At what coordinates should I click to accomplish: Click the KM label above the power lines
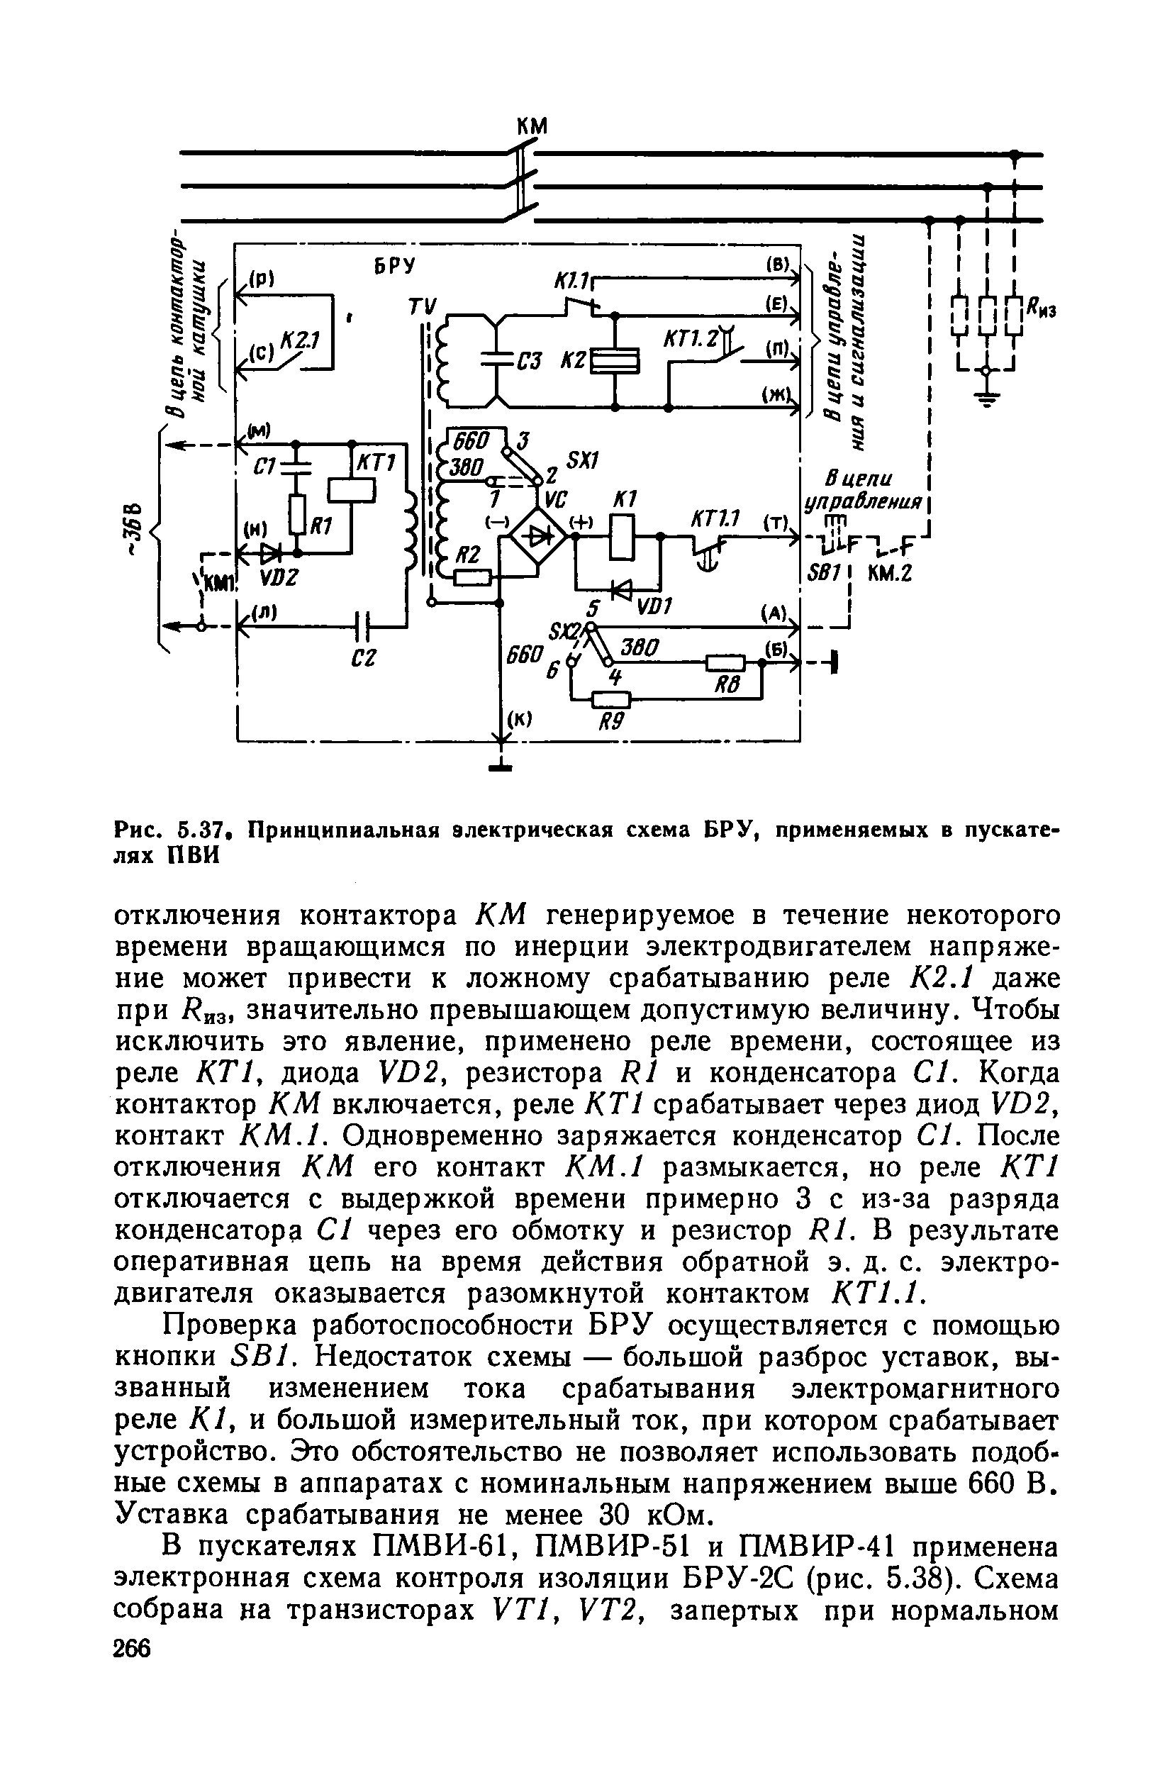(532, 127)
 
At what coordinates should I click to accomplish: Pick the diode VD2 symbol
(270, 553)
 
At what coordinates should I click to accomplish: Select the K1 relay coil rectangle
(622, 537)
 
